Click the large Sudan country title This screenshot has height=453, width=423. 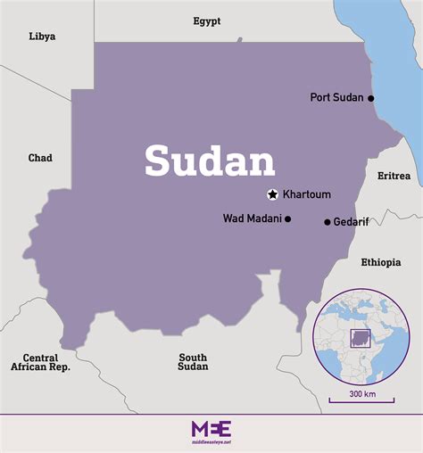210,161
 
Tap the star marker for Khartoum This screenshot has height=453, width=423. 272,194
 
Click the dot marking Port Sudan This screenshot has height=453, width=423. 371,98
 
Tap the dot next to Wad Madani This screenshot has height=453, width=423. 287,218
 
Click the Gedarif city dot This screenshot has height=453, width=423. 327,222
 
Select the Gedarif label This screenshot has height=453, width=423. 351,222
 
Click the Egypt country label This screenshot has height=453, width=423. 207,21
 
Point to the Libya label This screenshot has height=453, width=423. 42,37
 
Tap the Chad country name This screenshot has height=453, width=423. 40,158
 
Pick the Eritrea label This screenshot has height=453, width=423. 394,176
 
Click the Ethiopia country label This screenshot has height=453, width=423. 382,262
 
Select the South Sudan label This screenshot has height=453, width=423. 193,361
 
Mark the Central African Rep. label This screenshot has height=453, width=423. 40,361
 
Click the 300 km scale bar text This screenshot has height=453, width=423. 361,393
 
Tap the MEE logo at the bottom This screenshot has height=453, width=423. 211,428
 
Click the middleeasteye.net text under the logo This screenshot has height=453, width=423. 211,441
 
